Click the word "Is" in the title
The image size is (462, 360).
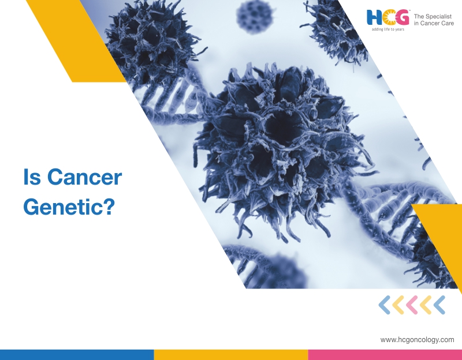click(32, 177)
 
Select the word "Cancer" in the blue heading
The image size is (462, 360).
click(84, 177)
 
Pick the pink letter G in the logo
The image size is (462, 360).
click(402, 17)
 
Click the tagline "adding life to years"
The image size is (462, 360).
click(388, 29)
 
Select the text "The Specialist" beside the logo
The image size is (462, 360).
click(433, 17)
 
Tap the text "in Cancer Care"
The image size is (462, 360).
click(434, 23)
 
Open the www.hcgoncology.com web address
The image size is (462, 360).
click(417, 340)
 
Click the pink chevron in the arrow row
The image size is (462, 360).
click(412, 305)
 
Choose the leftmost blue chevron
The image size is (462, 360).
click(385, 305)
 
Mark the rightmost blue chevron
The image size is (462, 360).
click(439, 305)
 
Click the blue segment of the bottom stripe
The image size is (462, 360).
click(77, 355)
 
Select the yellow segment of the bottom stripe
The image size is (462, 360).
click(231, 355)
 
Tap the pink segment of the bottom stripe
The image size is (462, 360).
click(385, 355)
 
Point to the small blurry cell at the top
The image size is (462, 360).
click(254, 17)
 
